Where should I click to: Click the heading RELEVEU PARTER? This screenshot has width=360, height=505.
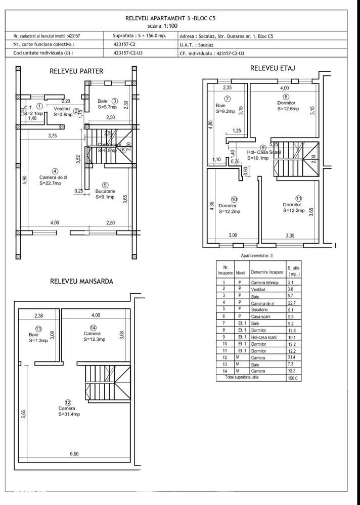(76, 71)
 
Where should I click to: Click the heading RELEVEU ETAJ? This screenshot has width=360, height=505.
(273, 68)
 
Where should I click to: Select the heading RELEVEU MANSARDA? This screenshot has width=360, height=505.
(81, 281)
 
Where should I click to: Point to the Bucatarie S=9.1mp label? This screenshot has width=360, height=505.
(105, 194)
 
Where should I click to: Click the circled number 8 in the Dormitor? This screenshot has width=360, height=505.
(286, 97)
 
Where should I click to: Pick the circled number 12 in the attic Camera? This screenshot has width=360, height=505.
(67, 402)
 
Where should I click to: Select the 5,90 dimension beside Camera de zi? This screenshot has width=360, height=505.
(24, 180)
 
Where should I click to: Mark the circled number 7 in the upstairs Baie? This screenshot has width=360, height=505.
(228, 99)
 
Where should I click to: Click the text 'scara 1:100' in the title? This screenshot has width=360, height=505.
(180, 25)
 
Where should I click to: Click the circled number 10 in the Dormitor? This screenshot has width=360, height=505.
(234, 199)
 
